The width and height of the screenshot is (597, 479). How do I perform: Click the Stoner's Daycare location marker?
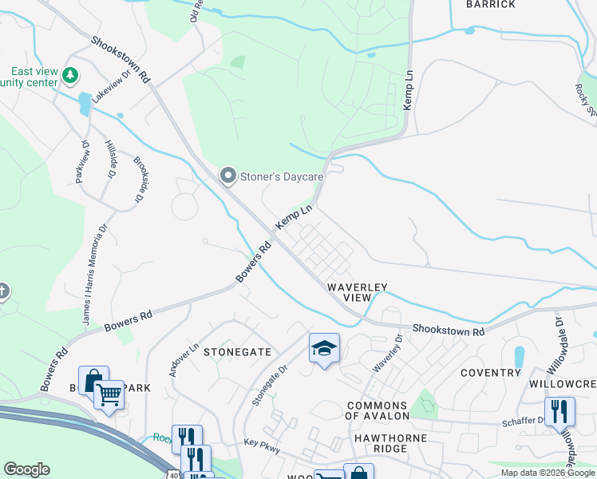(228, 175)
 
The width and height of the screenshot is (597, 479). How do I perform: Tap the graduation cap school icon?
(324, 348)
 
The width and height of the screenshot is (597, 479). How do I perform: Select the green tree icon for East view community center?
(71, 75)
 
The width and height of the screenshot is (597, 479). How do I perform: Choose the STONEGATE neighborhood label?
(237, 351)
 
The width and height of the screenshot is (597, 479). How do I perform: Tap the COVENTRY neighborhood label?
(490, 373)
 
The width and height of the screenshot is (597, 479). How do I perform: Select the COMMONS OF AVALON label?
(377, 410)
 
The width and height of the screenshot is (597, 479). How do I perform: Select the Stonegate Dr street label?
(270, 385)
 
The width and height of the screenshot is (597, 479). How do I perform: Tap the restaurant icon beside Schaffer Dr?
(560, 411)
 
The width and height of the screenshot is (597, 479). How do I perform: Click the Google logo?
(26, 469)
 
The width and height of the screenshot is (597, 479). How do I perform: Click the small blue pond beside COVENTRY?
(520, 356)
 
